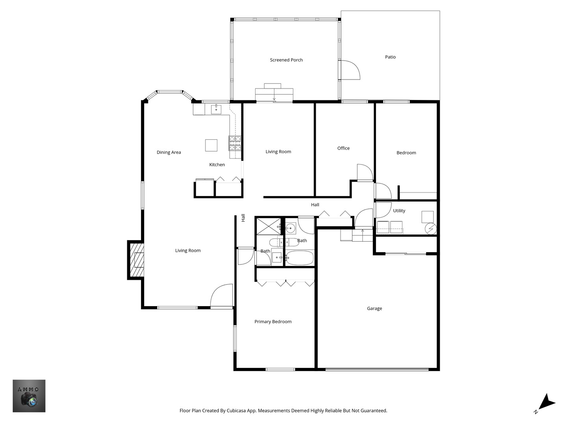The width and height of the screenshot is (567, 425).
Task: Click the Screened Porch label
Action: point(286,60)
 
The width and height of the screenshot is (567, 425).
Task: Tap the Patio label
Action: point(390,57)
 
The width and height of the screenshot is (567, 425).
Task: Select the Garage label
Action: point(374,309)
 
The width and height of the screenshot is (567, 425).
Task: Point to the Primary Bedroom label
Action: point(273,322)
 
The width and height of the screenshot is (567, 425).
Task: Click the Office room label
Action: point(343,148)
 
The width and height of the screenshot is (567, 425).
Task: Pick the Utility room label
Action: point(399,211)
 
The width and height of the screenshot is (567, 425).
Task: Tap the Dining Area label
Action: point(169,152)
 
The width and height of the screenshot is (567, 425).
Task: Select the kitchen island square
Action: point(211,145)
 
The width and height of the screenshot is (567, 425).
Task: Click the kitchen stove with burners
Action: point(235,143)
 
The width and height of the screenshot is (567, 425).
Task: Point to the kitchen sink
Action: point(216,109)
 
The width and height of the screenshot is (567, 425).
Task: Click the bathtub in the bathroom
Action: point(299,258)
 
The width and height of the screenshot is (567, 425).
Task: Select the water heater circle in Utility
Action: point(431,228)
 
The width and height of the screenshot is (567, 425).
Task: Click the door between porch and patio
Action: point(350,70)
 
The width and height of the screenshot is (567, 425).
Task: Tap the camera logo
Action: point(29,396)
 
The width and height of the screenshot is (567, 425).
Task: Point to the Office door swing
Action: point(364,172)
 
